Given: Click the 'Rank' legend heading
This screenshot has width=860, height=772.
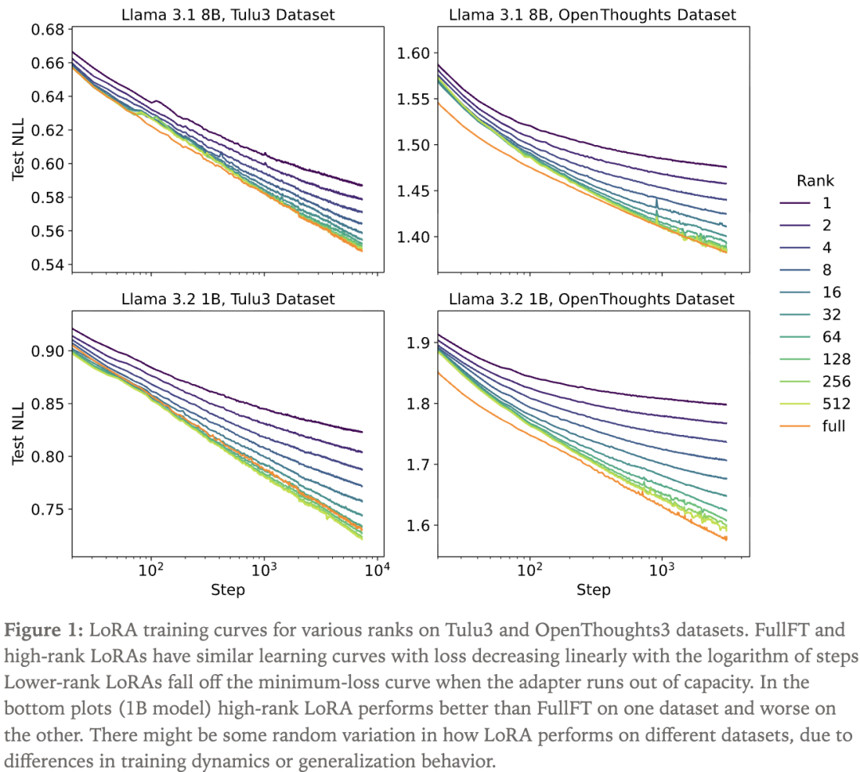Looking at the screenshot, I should coord(815,181).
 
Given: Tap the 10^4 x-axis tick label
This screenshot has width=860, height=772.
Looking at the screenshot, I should coord(376,571).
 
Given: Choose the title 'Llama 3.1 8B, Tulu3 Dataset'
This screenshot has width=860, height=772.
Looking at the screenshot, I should coord(228,14).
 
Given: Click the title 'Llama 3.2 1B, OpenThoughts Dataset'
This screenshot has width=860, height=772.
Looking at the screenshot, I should coord(592,299).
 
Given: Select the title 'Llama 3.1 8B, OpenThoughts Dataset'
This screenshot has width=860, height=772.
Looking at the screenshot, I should coord(592,14).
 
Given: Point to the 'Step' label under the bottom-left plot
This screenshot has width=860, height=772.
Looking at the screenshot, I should coord(228,590).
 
